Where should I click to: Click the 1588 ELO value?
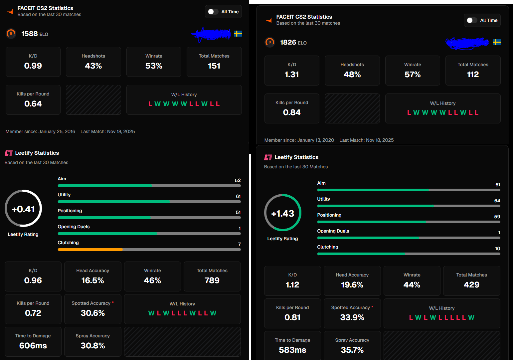point(30,34)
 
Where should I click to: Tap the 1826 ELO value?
point(288,43)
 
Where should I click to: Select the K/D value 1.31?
point(292,75)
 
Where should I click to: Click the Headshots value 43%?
point(93,66)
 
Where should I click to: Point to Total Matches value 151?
point(214,66)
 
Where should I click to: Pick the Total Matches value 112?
point(473,75)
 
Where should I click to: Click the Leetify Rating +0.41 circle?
point(23,209)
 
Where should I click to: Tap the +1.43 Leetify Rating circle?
point(283,213)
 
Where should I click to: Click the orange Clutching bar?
point(90,250)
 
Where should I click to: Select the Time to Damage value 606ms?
point(33,346)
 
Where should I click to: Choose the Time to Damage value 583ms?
point(292,350)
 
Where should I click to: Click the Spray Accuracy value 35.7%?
point(352,350)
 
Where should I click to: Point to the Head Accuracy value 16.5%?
point(92,280)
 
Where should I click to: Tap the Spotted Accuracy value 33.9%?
point(352,317)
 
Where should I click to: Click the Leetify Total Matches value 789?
point(212,280)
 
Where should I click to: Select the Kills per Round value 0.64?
point(33,104)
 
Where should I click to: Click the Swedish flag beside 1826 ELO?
point(497,42)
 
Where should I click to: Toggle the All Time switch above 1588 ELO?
point(213,12)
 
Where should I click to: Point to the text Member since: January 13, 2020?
point(299,140)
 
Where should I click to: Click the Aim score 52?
point(238,180)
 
